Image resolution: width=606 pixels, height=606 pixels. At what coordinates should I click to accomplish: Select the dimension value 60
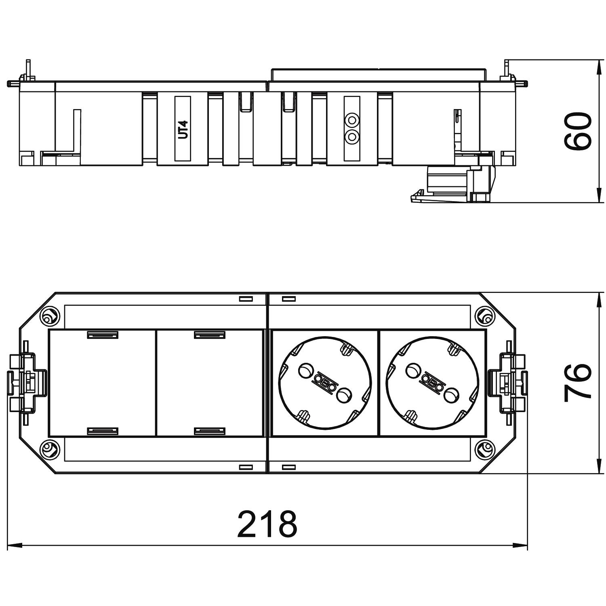[578, 131]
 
